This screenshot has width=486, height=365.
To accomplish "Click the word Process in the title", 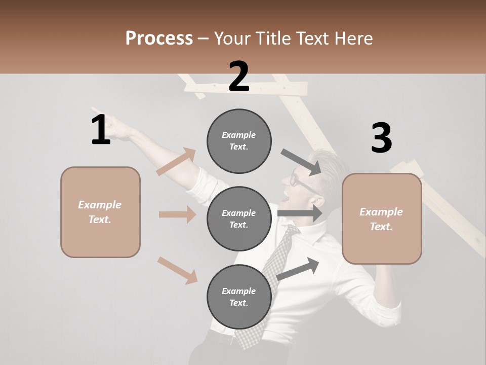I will coord(159,38).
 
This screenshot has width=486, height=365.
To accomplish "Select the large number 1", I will coord(101,130).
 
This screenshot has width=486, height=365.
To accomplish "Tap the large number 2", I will coord(239,77).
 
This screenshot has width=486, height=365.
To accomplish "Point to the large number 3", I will coord(381,138).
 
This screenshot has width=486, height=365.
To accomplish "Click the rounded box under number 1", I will coord(100,212).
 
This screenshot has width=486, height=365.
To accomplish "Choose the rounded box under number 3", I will coord(382,218).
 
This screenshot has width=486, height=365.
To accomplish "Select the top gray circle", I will coord(239,141).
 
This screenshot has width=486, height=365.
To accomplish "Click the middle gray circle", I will coord(239,218).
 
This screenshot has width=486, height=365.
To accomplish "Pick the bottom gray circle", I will coord(239,297).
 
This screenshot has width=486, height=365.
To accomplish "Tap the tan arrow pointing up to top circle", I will coord(176,161).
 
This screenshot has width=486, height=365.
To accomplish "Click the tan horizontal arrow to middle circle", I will coord(177,214).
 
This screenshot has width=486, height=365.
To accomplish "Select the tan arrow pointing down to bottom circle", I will coord(177,270).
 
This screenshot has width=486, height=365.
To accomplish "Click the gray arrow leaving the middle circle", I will coord(299,213).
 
